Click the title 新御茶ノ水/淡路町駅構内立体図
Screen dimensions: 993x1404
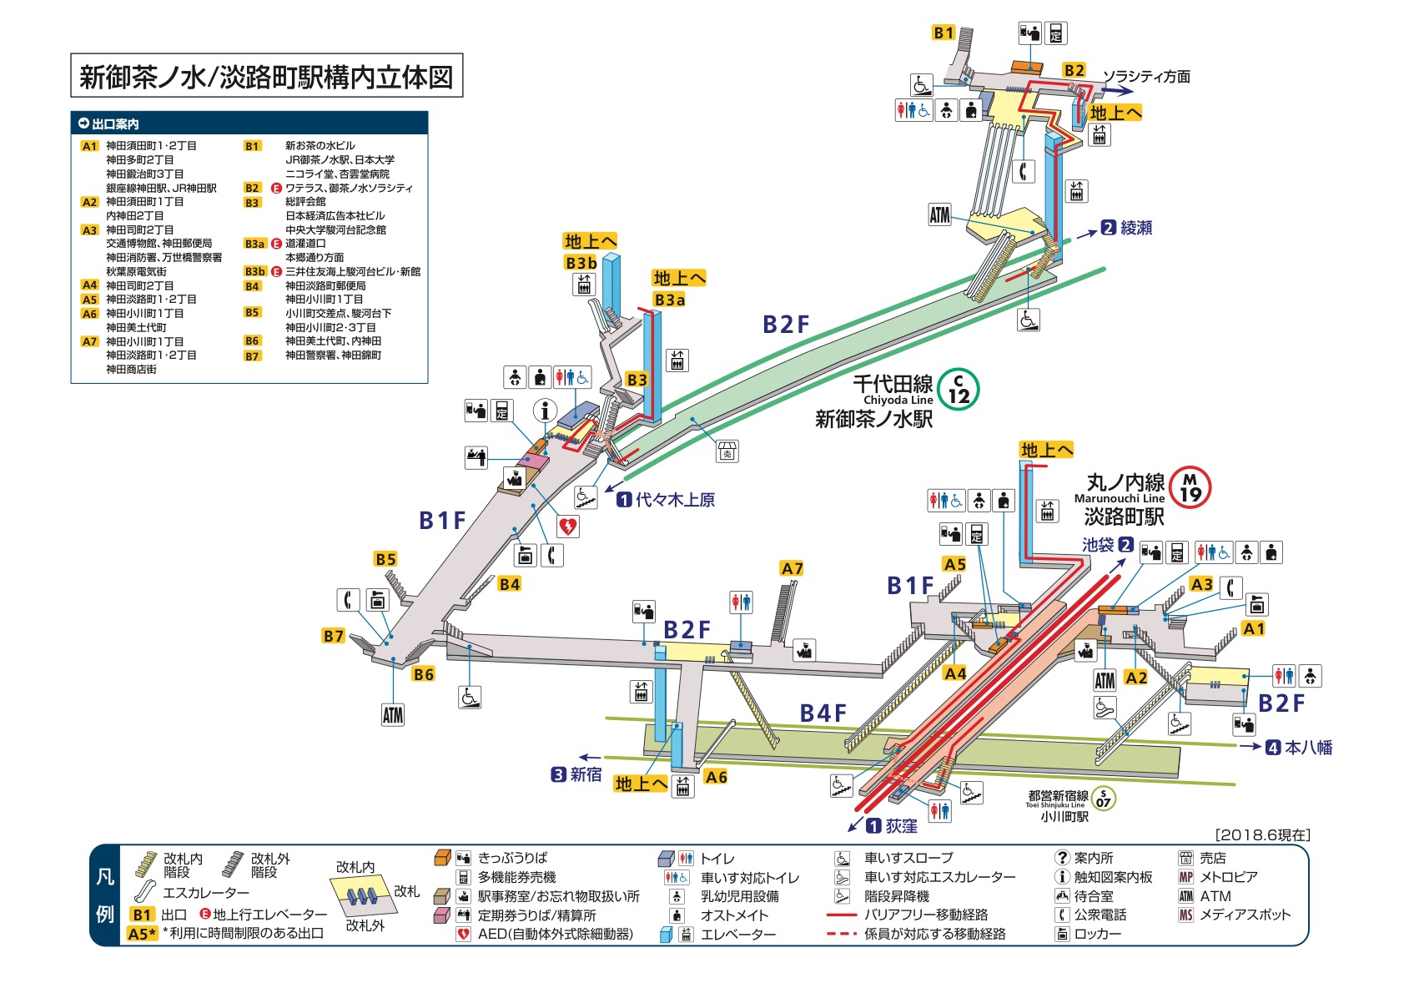[x=266, y=77]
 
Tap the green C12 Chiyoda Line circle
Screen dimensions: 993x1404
[x=958, y=390]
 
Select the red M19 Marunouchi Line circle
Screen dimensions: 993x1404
[x=1190, y=487]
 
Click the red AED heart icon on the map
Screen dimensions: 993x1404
[x=567, y=527]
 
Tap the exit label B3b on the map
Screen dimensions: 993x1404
[x=581, y=263]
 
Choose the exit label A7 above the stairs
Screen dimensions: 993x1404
[x=792, y=568]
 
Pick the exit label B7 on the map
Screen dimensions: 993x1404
[x=334, y=636]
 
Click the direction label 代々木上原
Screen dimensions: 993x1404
[x=675, y=500]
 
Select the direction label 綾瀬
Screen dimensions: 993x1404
[x=1135, y=227]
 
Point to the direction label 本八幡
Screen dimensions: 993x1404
[x=1308, y=748]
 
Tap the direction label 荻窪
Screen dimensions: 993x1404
[x=901, y=826]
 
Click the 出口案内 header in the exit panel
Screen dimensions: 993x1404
[x=114, y=123]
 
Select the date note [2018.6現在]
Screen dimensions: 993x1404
[x=1262, y=835]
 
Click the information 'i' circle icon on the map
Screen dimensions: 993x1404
[x=545, y=411]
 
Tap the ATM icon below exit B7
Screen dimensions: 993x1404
[x=393, y=714]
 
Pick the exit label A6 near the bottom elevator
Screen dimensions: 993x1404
[x=716, y=777]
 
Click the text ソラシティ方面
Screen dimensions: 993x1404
[x=1146, y=77]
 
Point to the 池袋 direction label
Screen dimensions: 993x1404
[x=1098, y=545]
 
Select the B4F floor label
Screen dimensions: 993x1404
[x=823, y=713]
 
